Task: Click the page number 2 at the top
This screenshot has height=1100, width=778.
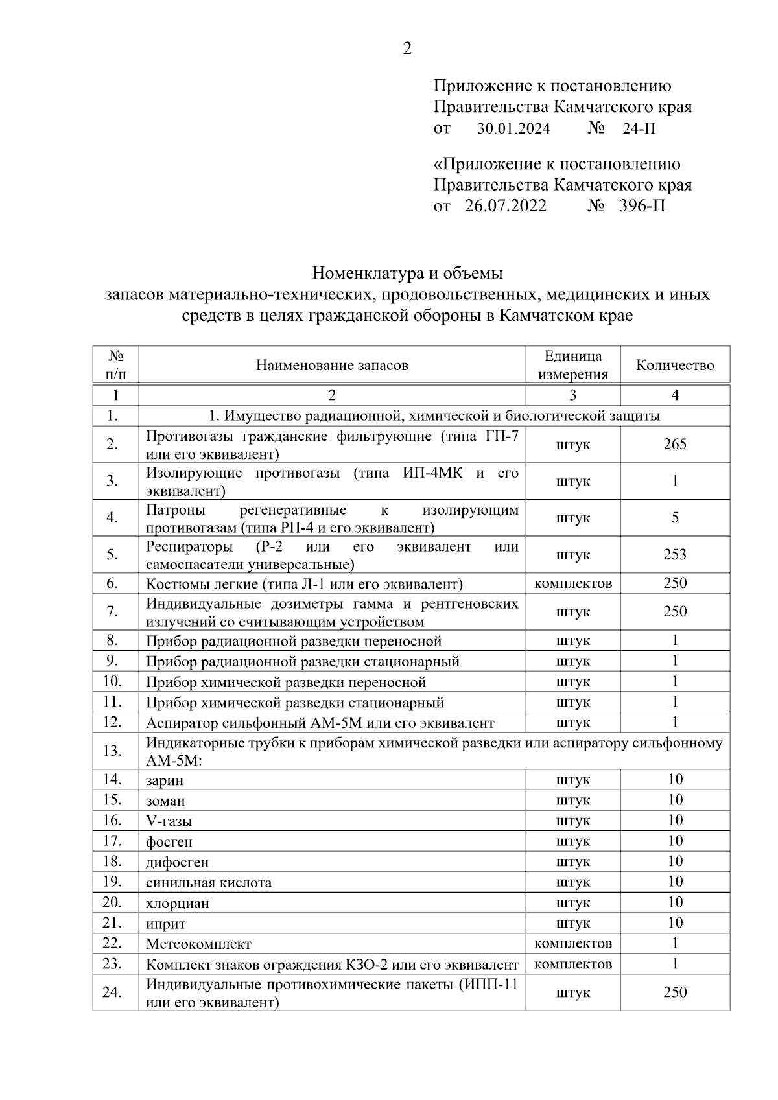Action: (x=407, y=49)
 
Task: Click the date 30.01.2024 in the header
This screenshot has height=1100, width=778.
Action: (x=513, y=129)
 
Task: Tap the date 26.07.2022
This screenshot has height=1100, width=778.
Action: (x=505, y=206)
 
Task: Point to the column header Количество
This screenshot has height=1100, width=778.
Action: (x=675, y=365)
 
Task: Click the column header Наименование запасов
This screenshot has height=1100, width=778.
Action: (x=332, y=365)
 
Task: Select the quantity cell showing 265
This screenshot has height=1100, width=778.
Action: (x=675, y=444)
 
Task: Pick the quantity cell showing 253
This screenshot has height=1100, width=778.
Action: (x=675, y=555)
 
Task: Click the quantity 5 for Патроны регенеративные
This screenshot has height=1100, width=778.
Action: (x=675, y=518)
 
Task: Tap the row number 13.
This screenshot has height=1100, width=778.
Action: (x=113, y=751)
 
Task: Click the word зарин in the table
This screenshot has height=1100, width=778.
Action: (x=165, y=780)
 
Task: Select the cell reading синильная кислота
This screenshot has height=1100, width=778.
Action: (x=209, y=883)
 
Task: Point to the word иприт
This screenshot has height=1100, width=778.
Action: (x=166, y=924)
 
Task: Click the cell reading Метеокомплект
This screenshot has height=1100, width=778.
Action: (x=198, y=944)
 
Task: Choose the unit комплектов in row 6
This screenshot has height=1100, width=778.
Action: (x=572, y=583)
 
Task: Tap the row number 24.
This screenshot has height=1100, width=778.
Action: (x=113, y=992)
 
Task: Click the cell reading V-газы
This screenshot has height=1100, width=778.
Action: (x=169, y=821)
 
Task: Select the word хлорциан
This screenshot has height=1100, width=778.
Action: (x=178, y=904)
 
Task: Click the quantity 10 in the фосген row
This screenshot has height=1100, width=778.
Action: (x=675, y=841)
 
